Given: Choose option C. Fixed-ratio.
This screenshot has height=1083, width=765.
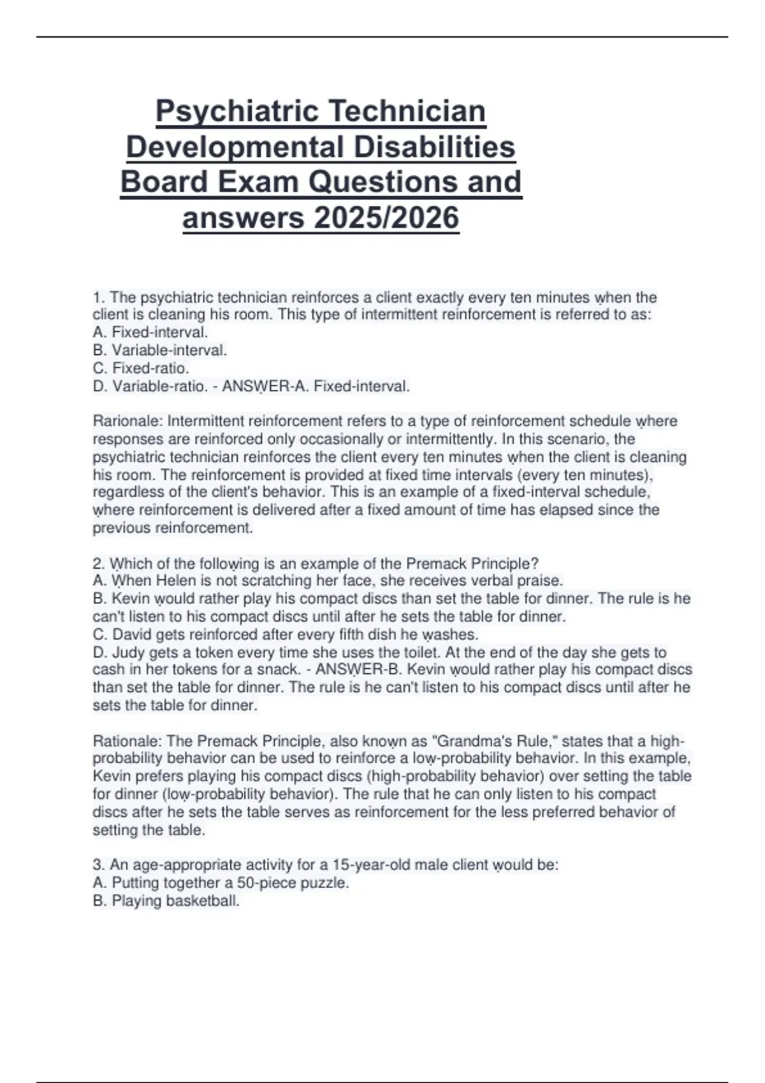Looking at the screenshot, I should tap(141, 368).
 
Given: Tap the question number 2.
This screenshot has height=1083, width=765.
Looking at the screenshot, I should tap(98, 563).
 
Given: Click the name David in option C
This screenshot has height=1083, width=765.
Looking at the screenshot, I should tap(132, 634).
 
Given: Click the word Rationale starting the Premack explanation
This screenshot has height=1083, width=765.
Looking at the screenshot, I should tap(127, 741).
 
